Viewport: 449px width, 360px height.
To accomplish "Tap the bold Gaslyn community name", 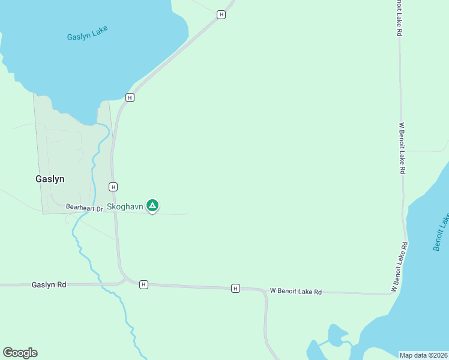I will click(49, 179).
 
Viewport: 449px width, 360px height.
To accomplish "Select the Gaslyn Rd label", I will click(49, 285).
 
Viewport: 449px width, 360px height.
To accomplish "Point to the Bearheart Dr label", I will click(85, 207).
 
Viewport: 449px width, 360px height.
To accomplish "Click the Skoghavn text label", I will click(125, 206).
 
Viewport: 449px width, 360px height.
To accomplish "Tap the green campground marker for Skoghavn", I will click(152, 206).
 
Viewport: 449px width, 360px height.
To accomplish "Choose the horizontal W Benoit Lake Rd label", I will click(295, 292).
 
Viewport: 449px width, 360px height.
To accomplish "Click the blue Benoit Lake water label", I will click(441, 232).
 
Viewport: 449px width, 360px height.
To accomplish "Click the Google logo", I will click(20, 353).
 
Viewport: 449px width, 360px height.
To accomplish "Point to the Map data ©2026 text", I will click(423, 355).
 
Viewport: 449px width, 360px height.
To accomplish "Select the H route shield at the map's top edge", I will click(221, 14).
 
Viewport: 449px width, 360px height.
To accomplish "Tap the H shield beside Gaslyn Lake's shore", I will click(129, 97).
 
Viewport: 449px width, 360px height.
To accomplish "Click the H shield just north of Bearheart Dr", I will click(113, 187).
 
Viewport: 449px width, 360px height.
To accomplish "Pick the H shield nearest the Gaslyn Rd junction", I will click(143, 284).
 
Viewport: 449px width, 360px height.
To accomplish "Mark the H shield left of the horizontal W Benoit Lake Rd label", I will click(235, 288).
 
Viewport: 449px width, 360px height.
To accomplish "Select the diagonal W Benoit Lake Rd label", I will click(400, 267).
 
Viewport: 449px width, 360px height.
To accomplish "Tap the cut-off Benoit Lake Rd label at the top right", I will click(399, 18).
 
